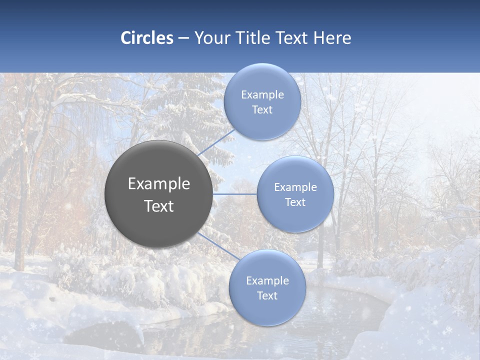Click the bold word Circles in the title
pos(147,38)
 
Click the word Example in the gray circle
pos(159,184)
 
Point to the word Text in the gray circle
pos(159,206)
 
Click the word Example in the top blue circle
pos(262,95)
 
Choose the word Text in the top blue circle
pos(262,110)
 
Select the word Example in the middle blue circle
pos(295,187)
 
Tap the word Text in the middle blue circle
pos(295,202)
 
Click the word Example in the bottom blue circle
pos(267,281)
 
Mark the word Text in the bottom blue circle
pos(267,296)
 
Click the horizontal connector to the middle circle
pos(234,194)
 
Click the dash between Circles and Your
pos(183,38)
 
